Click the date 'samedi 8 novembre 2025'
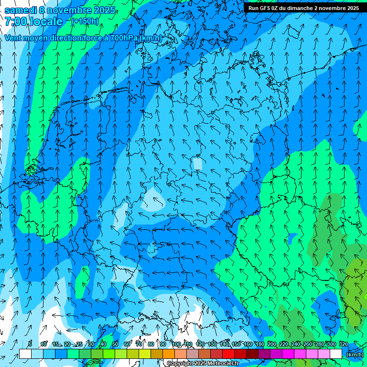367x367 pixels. tap(60, 10)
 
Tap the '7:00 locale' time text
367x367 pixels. tap(33, 22)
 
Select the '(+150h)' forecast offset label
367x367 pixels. tap(85, 21)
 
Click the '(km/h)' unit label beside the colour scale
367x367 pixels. tap(354, 355)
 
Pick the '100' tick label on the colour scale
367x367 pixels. tap(176, 344)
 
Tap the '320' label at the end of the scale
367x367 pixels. tap(343, 344)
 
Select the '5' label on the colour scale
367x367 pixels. tap(30, 344)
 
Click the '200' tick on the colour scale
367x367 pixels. tap(272, 344)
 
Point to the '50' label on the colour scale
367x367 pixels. tap(115, 344)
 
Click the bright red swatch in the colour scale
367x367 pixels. tap(228, 354)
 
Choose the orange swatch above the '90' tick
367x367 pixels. tap(168, 354)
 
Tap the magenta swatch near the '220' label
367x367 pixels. tap(288, 354)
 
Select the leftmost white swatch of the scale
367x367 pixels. tap(25, 354)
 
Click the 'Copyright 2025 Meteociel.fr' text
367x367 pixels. tap(203, 364)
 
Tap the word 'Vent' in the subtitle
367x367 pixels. tap(13, 38)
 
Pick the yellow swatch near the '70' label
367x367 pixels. tap(132, 354)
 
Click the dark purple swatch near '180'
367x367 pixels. tap(264, 354)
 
